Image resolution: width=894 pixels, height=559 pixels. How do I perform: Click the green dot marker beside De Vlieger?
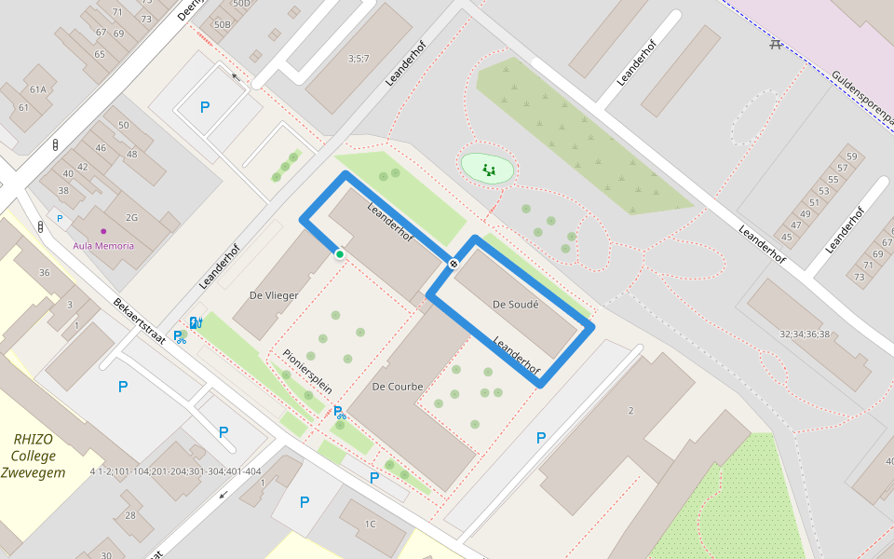(x=340, y=253)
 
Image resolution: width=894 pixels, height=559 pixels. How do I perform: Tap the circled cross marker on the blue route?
(x=454, y=264)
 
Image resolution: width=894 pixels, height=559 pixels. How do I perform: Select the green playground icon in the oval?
(x=488, y=169)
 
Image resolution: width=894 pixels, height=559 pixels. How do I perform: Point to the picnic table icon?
(x=775, y=44)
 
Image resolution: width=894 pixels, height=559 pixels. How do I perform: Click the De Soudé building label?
(x=515, y=304)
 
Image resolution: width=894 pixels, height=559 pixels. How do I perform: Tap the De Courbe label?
(x=398, y=387)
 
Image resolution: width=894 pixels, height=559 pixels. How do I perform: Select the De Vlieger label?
(x=274, y=295)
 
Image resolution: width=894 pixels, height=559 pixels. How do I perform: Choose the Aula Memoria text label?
(x=103, y=246)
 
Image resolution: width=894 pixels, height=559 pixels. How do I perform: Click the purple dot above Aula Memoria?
(x=103, y=231)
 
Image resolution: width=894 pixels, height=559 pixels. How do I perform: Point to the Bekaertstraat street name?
(x=139, y=320)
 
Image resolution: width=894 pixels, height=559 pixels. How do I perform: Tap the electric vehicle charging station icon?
(x=196, y=322)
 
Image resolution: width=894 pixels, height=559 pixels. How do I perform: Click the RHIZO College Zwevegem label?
(x=34, y=456)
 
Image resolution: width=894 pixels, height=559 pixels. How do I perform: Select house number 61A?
(x=37, y=90)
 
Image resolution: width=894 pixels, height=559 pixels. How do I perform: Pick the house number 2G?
(x=131, y=217)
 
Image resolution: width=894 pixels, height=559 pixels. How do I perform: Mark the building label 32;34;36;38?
(x=805, y=334)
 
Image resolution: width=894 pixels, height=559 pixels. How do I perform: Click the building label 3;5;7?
(x=359, y=59)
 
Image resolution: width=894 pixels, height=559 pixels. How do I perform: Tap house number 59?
(x=850, y=157)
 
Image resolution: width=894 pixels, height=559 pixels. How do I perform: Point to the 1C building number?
(x=370, y=524)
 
